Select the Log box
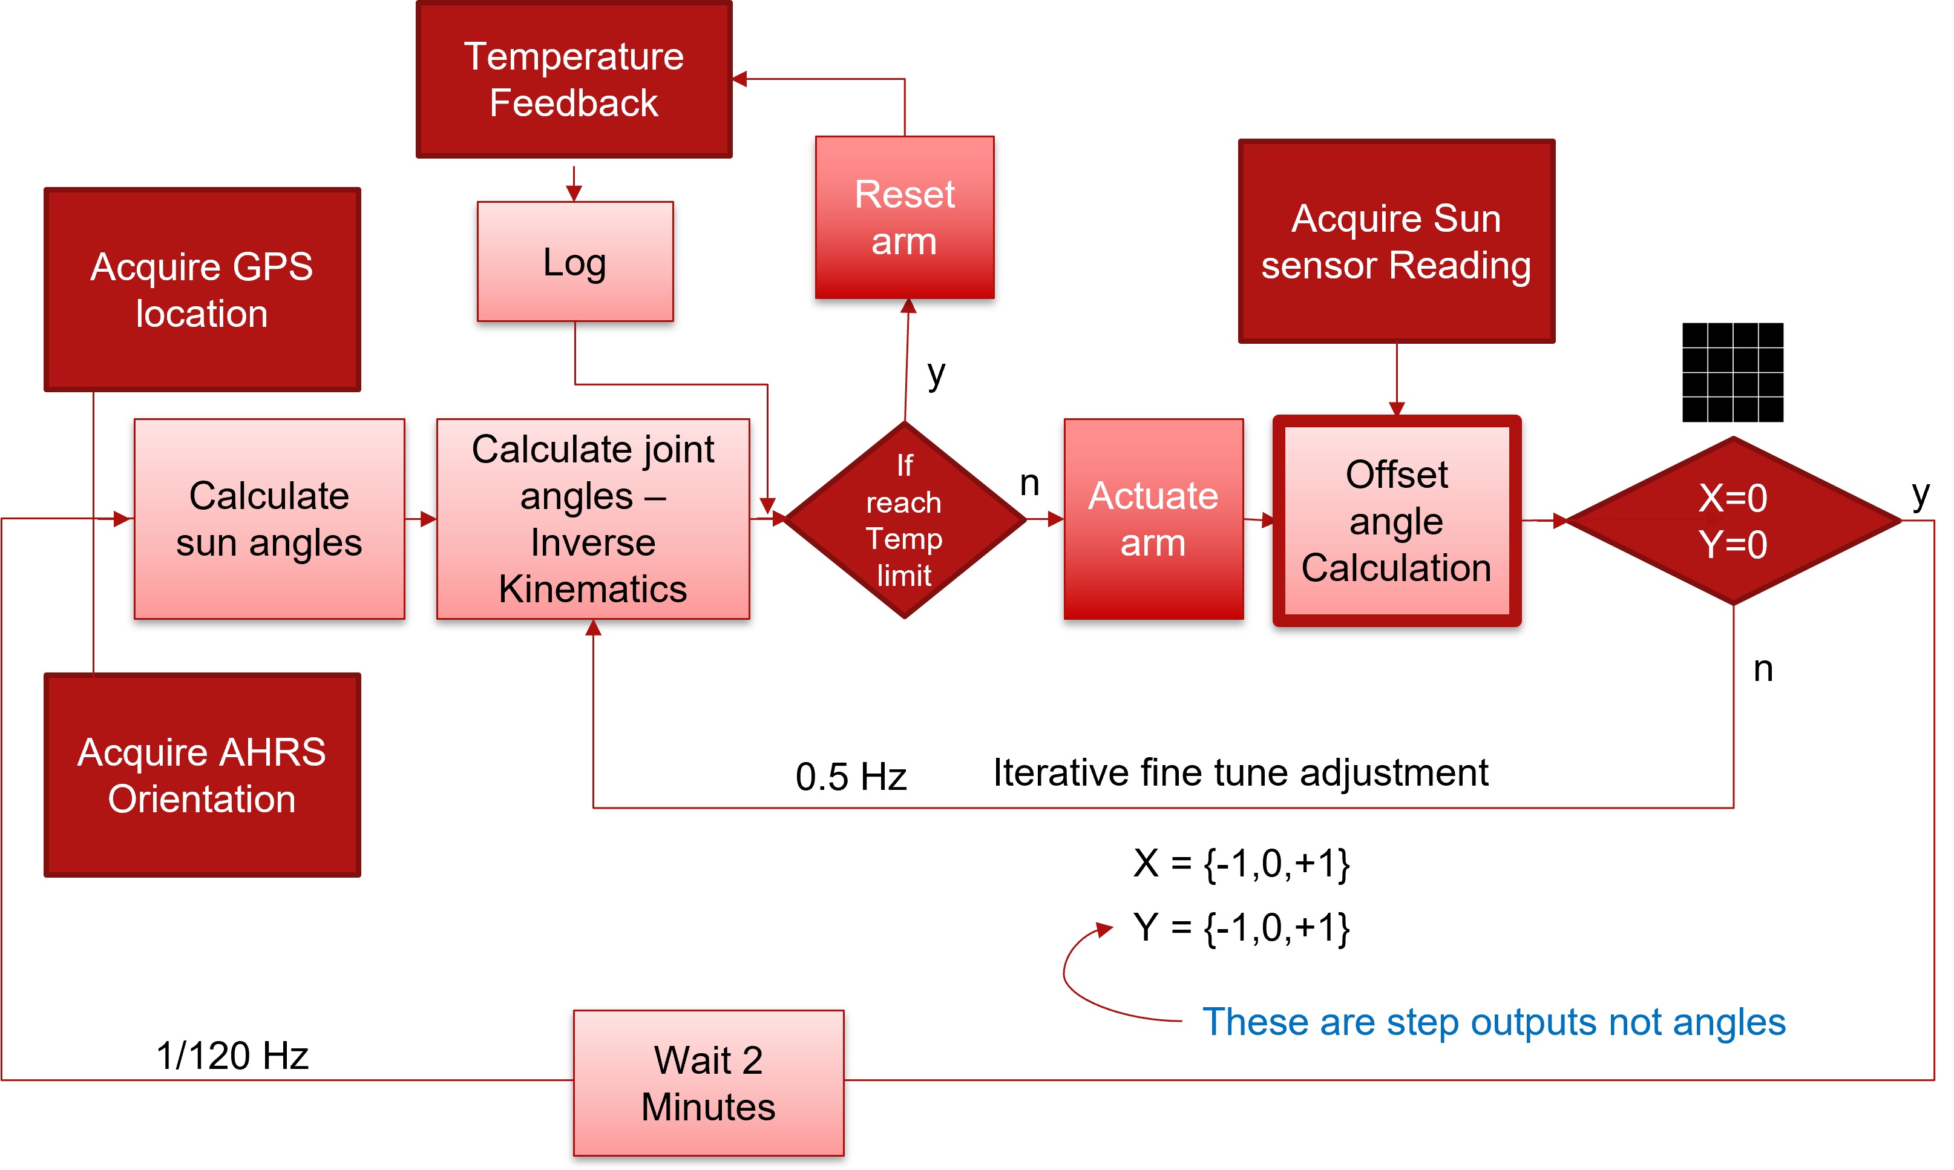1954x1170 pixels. [x=575, y=261]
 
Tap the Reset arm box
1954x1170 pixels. [x=904, y=218]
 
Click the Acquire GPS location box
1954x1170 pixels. [x=202, y=289]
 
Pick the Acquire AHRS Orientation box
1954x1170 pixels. [x=202, y=775]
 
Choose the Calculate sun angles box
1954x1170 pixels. [x=269, y=519]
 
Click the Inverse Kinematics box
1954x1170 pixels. [x=593, y=519]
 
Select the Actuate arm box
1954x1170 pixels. [x=1153, y=519]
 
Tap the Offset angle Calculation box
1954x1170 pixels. [x=1396, y=521]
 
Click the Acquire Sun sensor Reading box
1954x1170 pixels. [x=1396, y=242]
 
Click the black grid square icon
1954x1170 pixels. [x=1732, y=372]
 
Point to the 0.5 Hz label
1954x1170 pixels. [x=850, y=777]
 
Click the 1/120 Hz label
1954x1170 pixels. [x=232, y=1056]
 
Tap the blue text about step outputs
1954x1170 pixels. [x=1493, y=1022]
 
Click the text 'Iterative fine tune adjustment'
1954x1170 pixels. [x=1240, y=773]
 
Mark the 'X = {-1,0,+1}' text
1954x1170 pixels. [x=1241, y=863]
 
